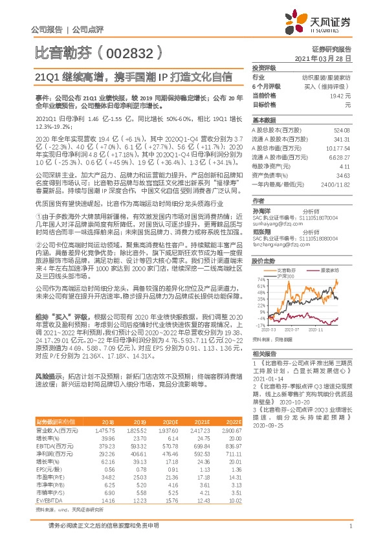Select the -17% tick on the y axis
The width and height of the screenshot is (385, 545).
(259, 325)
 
